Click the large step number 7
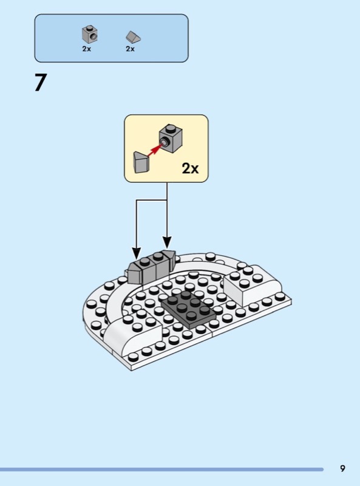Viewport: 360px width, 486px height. (x=40, y=83)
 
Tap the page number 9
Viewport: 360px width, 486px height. (x=342, y=468)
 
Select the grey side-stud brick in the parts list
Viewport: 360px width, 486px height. (x=90, y=34)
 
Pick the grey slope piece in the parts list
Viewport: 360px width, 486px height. (x=133, y=37)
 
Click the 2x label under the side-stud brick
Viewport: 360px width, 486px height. (x=86, y=49)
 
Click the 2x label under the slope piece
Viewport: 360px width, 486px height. (x=130, y=49)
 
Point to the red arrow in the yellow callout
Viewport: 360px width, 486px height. (x=155, y=149)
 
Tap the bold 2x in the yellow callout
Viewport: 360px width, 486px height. (x=190, y=168)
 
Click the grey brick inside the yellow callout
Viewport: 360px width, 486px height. (x=171, y=139)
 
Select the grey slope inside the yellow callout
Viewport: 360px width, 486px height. (x=141, y=162)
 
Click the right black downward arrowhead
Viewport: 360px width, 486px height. (x=167, y=242)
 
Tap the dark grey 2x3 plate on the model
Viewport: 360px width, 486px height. (x=188, y=309)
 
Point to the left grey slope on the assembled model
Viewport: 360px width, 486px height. (x=134, y=273)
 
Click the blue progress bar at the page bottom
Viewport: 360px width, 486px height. (x=161, y=470)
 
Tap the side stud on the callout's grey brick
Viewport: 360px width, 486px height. (x=165, y=142)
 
